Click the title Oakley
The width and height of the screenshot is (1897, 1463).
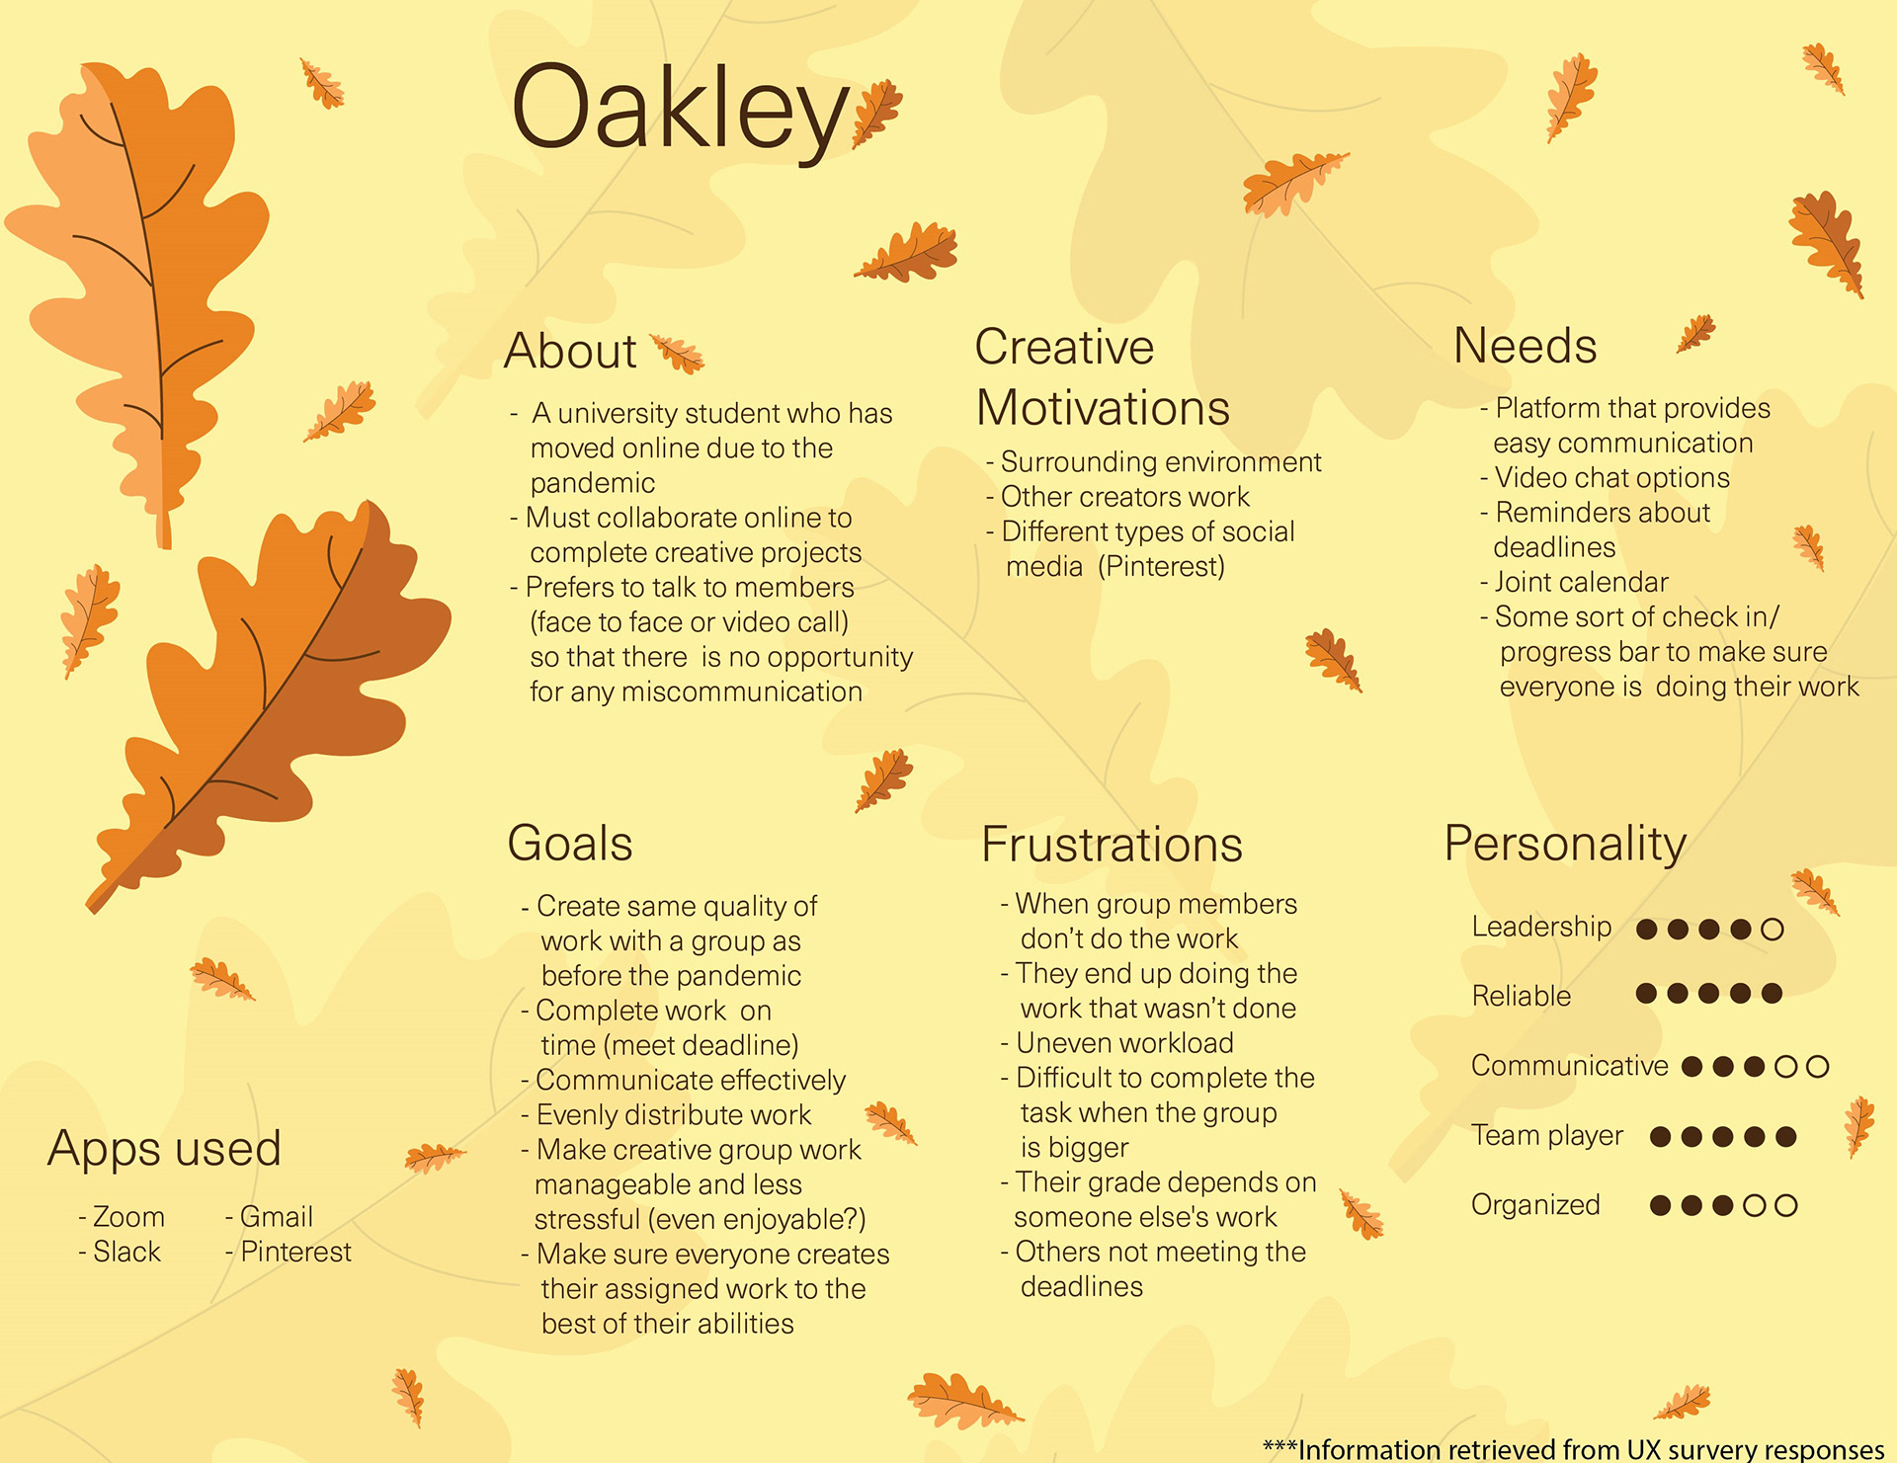pos(680,111)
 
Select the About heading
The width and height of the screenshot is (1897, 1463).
pos(570,351)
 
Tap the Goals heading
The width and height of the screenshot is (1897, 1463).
pos(569,844)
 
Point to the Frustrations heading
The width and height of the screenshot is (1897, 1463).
pos(1112,845)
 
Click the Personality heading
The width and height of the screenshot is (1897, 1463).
pos(1565,845)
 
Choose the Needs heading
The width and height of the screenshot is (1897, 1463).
pos(1525,346)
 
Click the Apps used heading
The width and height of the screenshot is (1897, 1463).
pos(164,1149)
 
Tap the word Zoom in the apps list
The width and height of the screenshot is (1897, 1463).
pos(128,1217)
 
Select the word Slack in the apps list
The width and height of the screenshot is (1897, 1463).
pos(126,1252)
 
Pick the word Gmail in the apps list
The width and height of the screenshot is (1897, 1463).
pos(276,1217)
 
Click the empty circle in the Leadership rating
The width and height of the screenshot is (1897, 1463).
pos(1773,929)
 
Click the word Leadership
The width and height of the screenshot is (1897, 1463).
pos(1541,927)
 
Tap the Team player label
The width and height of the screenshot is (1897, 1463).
pos(1547,1136)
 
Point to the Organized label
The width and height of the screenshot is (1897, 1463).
pos(1535,1205)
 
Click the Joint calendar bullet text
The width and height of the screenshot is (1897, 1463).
pos(1581,582)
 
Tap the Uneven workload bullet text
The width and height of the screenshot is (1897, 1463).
pos(1124,1043)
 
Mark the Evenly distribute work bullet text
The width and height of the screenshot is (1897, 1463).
pos(673,1115)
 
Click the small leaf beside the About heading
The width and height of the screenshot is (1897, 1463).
pos(677,354)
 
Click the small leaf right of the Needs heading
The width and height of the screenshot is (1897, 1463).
pos(1695,334)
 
